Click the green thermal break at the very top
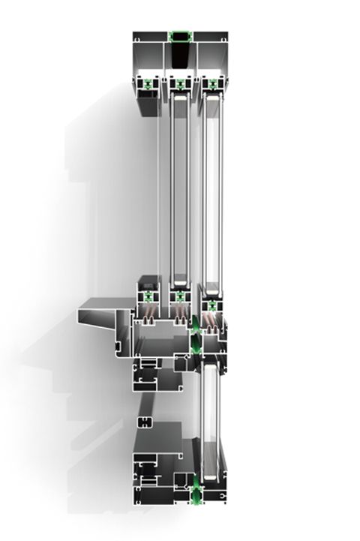click(x=181, y=35)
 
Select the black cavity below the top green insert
click(x=181, y=56)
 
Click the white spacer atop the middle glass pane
click(x=180, y=96)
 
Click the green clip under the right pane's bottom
click(x=212, y=305)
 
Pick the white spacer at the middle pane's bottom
click(x=180, y=284)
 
